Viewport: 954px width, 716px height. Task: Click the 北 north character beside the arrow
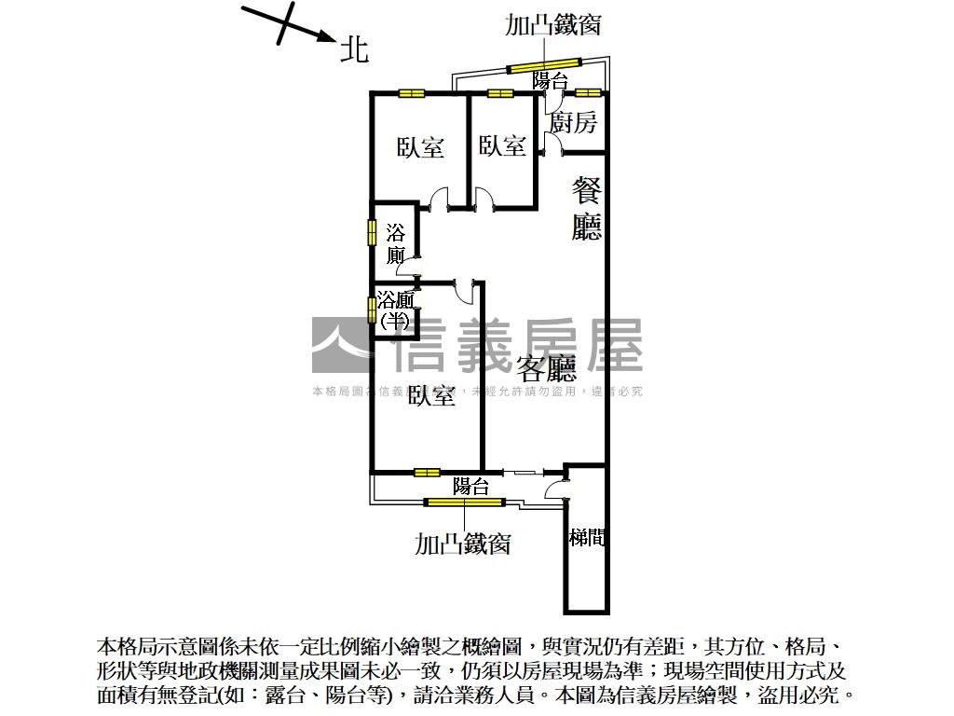point(354,49)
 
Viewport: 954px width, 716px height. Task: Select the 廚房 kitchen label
point(573,123)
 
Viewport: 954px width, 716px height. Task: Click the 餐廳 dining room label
point(586,210)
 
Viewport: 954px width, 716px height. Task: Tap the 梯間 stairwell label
point(586,538)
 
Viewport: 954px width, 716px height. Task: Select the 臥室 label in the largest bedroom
point(431,396)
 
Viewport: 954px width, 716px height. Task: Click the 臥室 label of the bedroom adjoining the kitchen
point(502,145)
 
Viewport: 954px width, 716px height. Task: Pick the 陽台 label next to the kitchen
point(551,81)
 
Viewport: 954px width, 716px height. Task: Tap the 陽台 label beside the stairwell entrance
point(470,487)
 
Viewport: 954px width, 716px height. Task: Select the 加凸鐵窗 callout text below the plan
point(462,543)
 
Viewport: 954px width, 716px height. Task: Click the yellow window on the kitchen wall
point(587,92)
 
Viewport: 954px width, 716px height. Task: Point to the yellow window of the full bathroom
point(371,231)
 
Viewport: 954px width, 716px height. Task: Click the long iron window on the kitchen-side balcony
point(543,65)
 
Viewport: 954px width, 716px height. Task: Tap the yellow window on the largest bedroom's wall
point(427,472)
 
